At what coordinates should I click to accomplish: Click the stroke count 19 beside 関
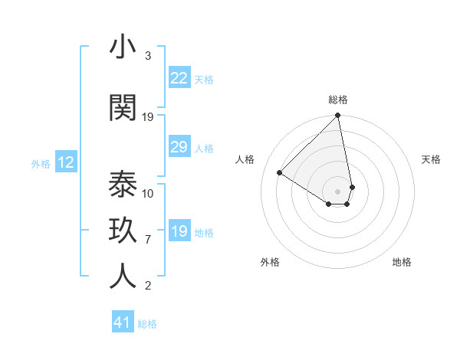click(x=148, y=116)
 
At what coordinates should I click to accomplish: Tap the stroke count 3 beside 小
click(x=148, y=56)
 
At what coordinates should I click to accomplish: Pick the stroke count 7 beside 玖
click(x=148, y=240)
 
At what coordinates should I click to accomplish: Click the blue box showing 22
click(x=179, y=77)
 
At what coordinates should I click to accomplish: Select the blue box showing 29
click(x=179, y=147)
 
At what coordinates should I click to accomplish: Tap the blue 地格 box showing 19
click(x=179, y=231)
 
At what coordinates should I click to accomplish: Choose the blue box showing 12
click(x=66, y=162)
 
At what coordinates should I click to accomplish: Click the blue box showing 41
click(x=123, y=322)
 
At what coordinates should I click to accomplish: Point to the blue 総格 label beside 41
click(x=147, y=324)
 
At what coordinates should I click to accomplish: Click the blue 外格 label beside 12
click(x=41, y=163)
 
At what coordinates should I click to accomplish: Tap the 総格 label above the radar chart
click(x=338, y=100)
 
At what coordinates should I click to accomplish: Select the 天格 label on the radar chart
click(x=431, y=159)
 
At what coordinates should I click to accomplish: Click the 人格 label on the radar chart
click(x=245, y=159)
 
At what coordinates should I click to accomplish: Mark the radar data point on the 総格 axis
click(x=338, y=116)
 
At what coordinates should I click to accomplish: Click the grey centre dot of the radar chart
click(x=338, y=191)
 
